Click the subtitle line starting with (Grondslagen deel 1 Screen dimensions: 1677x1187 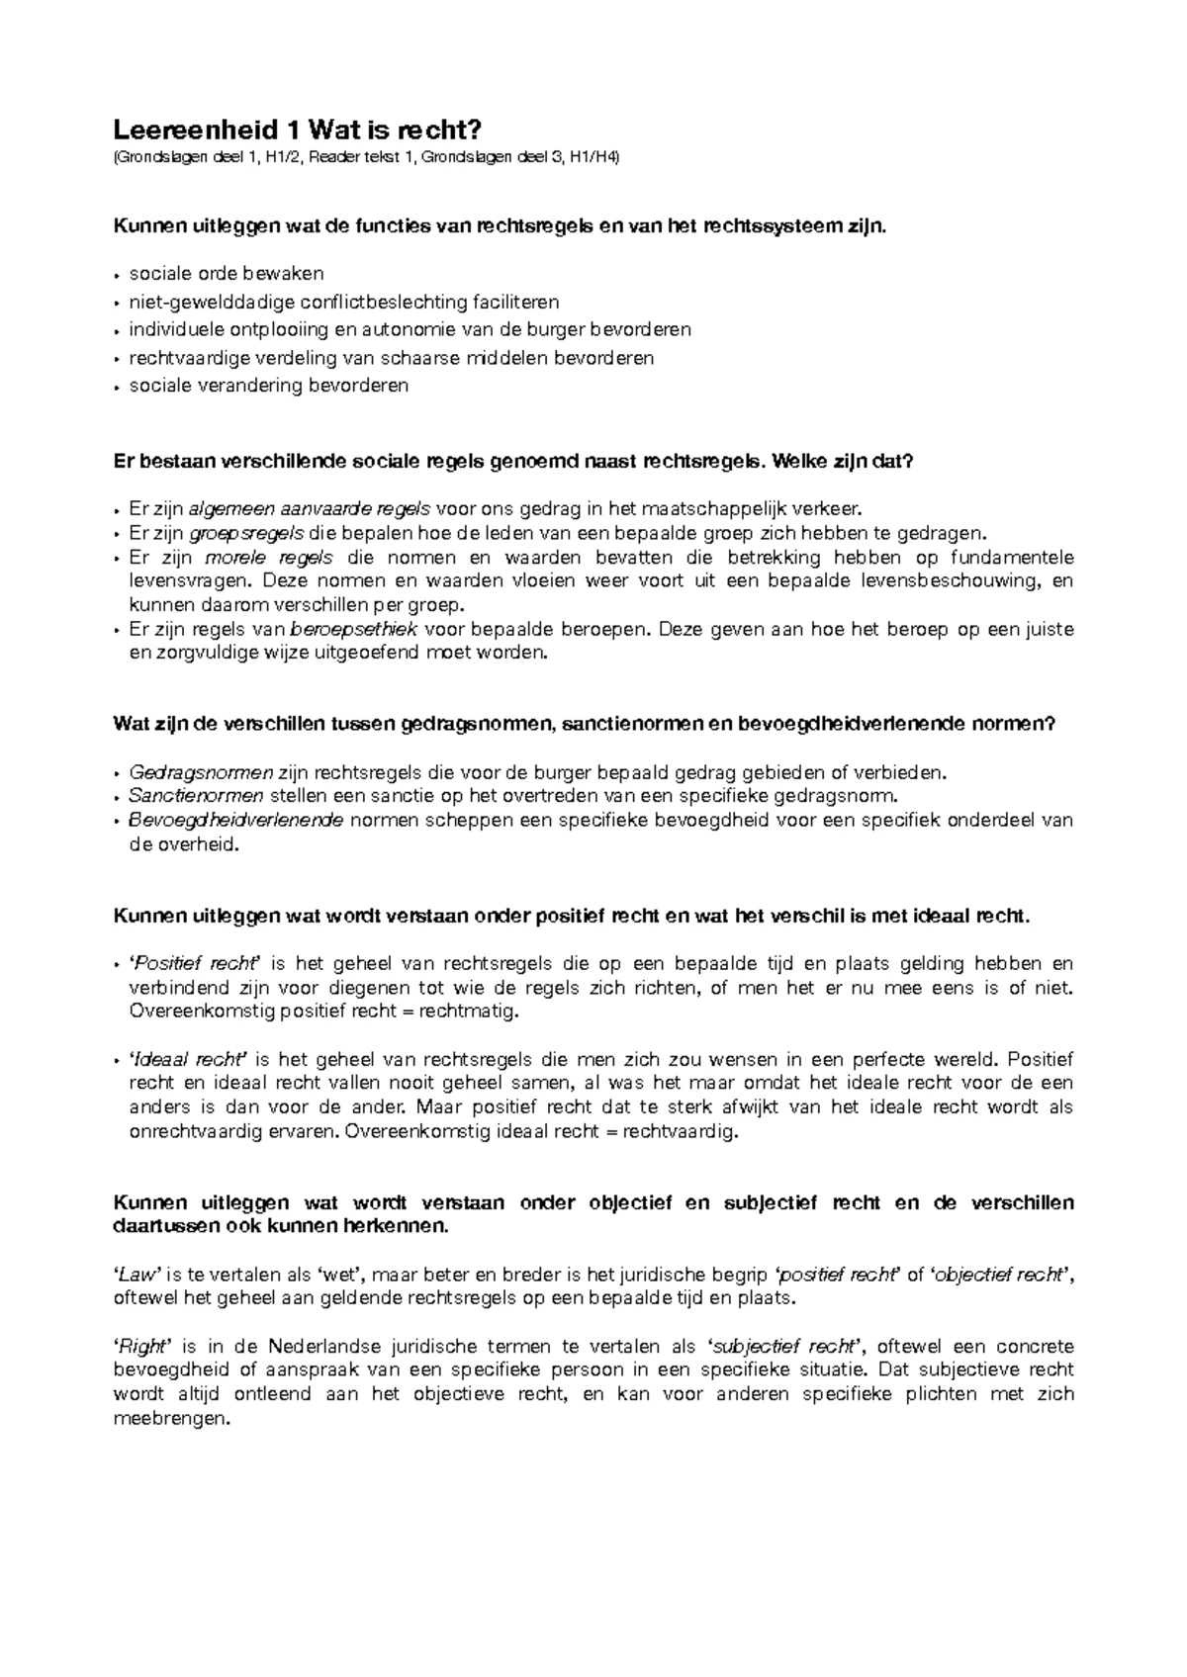coord(366,158)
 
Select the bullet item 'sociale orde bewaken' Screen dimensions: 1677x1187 coord(227,273)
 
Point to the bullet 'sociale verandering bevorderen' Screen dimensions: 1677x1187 coord(268,386)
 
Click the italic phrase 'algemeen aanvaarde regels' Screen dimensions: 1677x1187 coord(309,509)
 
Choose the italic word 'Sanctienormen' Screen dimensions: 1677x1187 coord(196,796)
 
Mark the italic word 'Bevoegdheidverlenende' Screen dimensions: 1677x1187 coord(236,821)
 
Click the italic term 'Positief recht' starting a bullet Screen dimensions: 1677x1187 coord(195,964)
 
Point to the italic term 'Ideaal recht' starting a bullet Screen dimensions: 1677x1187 coord(190,1059)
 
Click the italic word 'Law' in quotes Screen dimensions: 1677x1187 coord(137,1276)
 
